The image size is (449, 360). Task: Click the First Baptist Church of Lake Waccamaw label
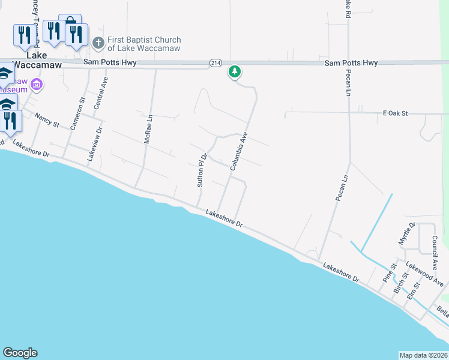(144, 44)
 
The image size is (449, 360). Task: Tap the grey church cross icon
(99, 43)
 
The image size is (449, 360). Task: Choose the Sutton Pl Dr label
(202, 170)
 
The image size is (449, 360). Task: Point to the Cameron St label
(79, 114)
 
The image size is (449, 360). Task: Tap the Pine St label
(390, 273)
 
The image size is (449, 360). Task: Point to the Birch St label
(400, 283)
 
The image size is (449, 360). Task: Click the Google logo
(20, 353)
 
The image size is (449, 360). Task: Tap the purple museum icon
(37, 85)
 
